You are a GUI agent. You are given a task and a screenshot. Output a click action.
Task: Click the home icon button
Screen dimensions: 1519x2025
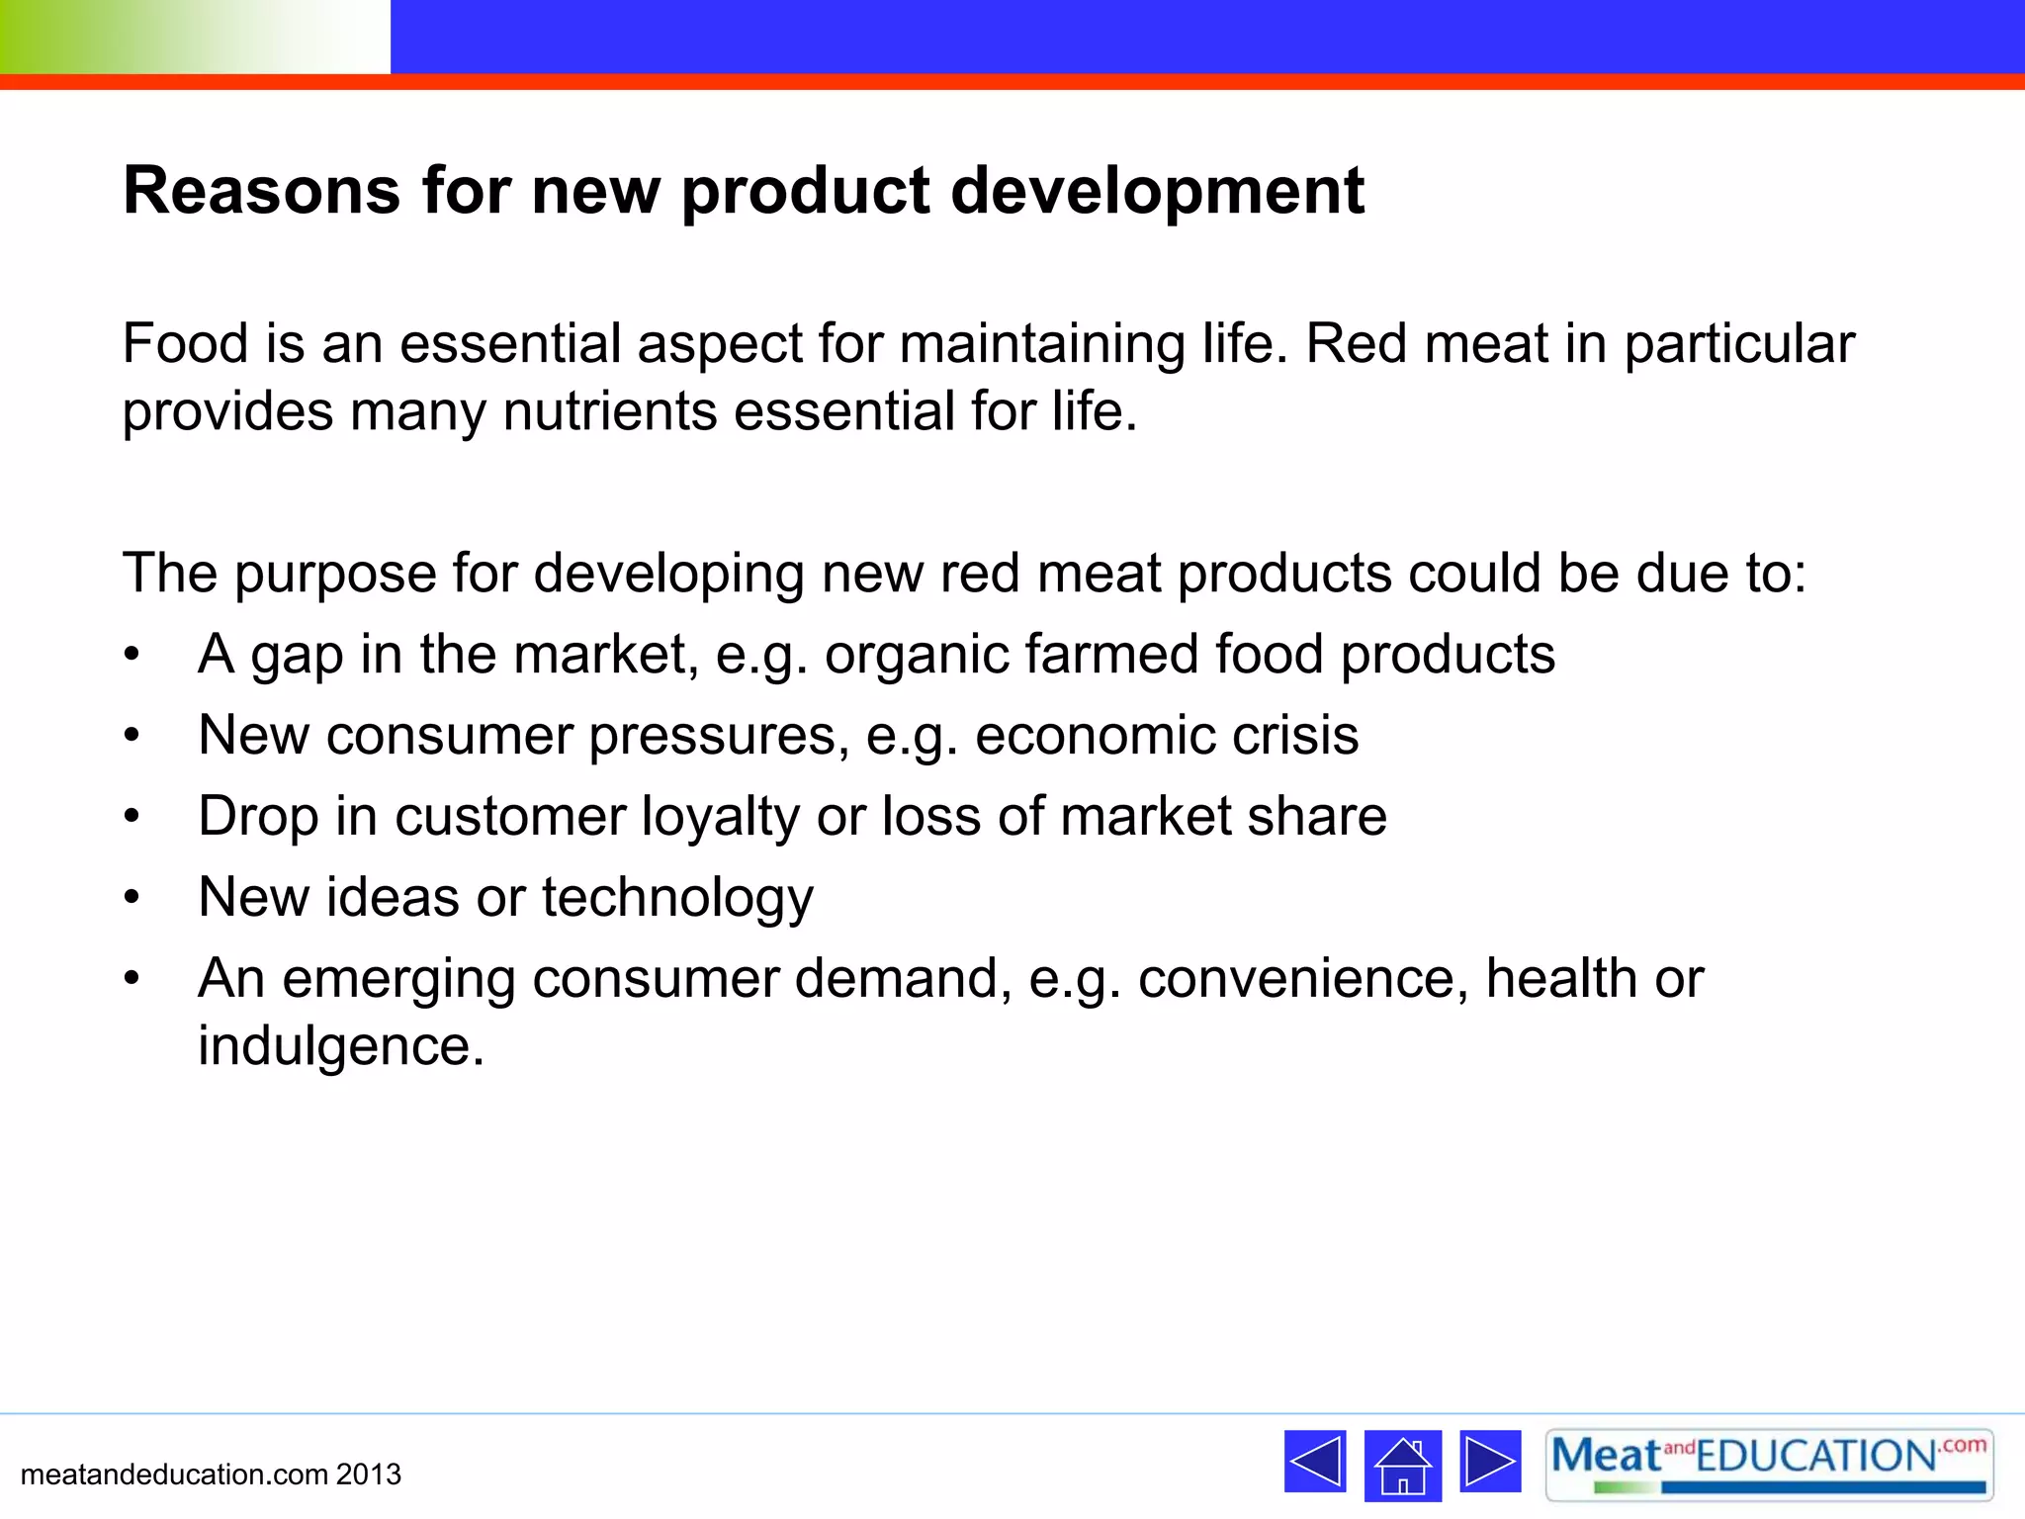1402,1466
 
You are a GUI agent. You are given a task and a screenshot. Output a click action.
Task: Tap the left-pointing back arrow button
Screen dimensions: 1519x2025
1315,1462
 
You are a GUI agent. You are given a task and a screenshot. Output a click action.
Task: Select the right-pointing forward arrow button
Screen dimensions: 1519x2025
1490,1462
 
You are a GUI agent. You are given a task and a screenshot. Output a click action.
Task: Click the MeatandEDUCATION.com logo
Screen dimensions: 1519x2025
1769,1464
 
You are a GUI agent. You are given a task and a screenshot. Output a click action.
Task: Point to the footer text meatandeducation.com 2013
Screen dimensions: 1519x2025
211,1474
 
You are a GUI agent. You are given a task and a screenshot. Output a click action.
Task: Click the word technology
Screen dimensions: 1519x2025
677,898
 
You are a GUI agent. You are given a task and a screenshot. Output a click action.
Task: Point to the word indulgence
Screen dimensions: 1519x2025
341,1046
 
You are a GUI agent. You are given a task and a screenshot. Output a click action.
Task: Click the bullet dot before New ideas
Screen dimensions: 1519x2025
132,898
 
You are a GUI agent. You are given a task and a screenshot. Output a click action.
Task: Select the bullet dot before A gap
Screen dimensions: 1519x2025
132,656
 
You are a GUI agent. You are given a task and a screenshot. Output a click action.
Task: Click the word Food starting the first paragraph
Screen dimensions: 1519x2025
185,344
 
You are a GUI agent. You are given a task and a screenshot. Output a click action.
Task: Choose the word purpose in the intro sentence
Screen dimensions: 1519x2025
334,575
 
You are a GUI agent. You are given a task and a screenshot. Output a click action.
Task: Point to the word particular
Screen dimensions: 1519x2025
1739,344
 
